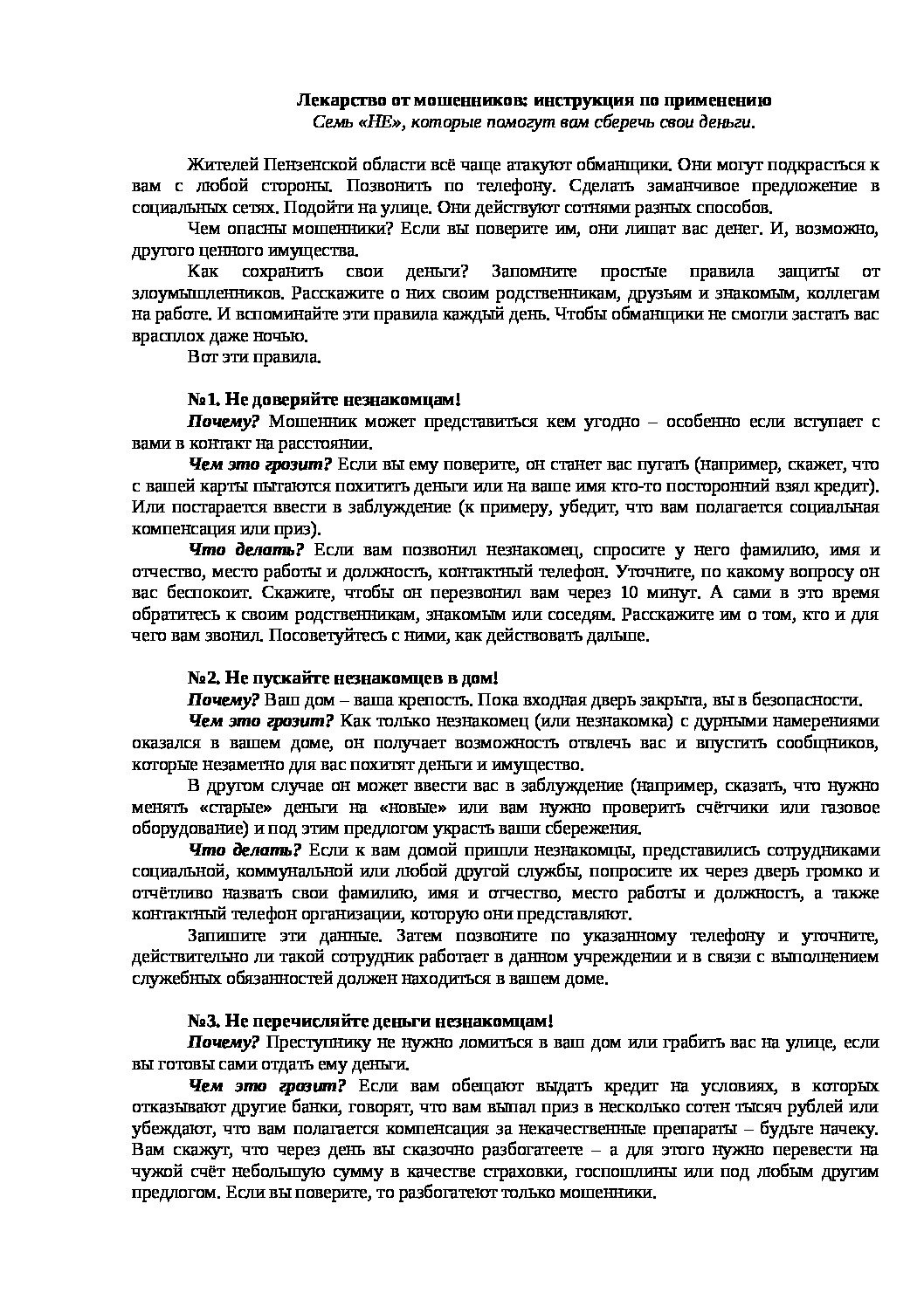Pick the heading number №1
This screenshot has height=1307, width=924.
click(x=203, y=399)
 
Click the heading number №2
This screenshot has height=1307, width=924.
click(x=203, y=678)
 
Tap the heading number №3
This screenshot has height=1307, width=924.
click(x=203, y=1021)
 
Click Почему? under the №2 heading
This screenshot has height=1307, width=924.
click(x=224, y=699)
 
